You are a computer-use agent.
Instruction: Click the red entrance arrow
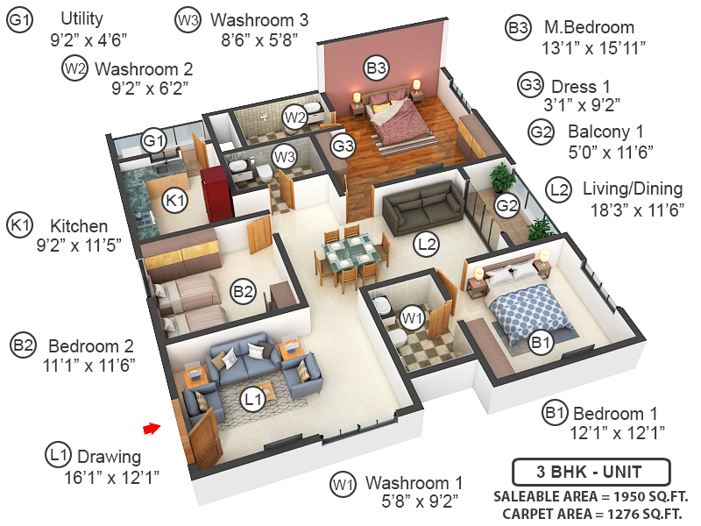coord(152,428)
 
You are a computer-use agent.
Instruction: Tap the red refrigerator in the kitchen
coord(213,188)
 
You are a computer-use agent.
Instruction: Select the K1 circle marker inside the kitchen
coord(176,201)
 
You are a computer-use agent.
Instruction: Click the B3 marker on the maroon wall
coord(377,67)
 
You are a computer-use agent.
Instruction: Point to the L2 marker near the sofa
coord(427,245)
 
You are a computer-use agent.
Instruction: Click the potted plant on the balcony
coord(501,178)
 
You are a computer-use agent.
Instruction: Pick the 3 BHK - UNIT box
coord(590,472)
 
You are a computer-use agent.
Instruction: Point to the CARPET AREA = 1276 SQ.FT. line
coord(591,514)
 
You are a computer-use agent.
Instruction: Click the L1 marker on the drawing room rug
coord(253,401)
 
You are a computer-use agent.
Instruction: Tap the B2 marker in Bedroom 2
coord(243,291)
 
